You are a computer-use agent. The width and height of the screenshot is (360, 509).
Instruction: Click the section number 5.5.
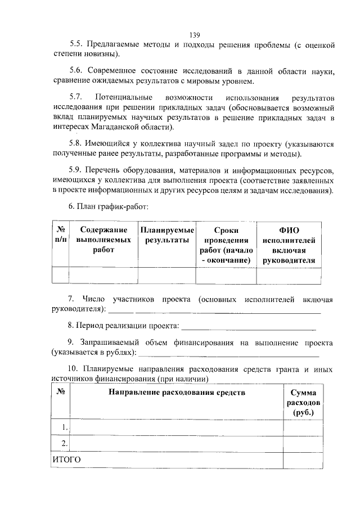[x=76, y=44]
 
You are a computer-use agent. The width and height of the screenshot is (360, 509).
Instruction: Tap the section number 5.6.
[x=76, y=70]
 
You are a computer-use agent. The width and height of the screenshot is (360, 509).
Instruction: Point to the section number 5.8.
[x=76, y=143]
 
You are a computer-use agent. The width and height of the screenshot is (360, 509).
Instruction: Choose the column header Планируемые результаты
[x=167, y=235]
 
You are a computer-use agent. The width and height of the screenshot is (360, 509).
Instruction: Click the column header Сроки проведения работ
[x=226, y=245]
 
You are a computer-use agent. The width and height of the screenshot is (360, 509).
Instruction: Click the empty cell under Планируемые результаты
[x=167, y=276]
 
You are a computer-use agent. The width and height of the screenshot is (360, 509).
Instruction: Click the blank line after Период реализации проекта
[x=249, y=327]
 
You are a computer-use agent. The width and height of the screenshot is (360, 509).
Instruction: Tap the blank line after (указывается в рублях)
[x=228, y=354]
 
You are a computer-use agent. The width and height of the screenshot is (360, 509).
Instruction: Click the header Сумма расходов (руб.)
[x=303, y=403]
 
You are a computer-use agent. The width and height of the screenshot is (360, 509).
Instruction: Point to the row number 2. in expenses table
[x=65, y=444]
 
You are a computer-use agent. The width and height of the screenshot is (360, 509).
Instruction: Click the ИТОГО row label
[x=66, y=460]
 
